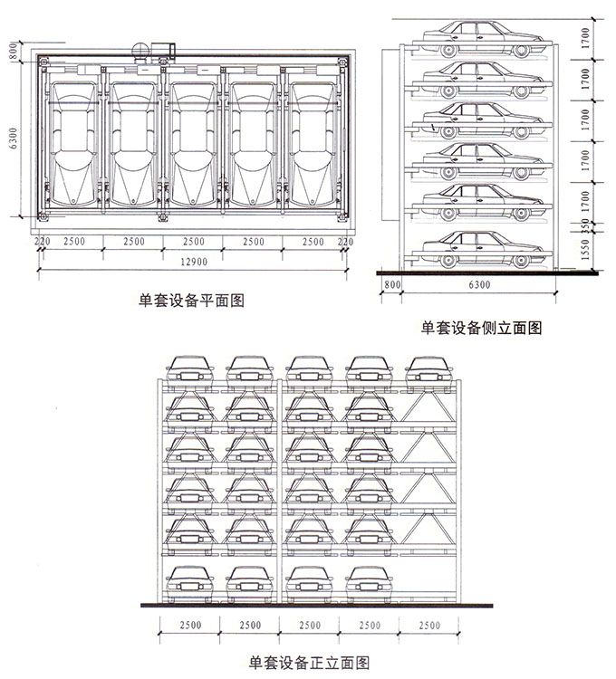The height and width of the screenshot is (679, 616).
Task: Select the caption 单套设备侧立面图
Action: pyautogui.click(x=482, y=329)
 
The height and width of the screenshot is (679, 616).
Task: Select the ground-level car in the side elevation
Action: pyautogui.click(x=475, y=247)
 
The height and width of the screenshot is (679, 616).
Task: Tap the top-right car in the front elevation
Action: pyautogui.click(x=429, y=367)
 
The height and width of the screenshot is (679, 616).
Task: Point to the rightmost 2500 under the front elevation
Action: pyautogui.click(x=429, y=626)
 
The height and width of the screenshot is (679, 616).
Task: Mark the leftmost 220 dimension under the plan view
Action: pyautogui.click(x=41, y=242)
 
